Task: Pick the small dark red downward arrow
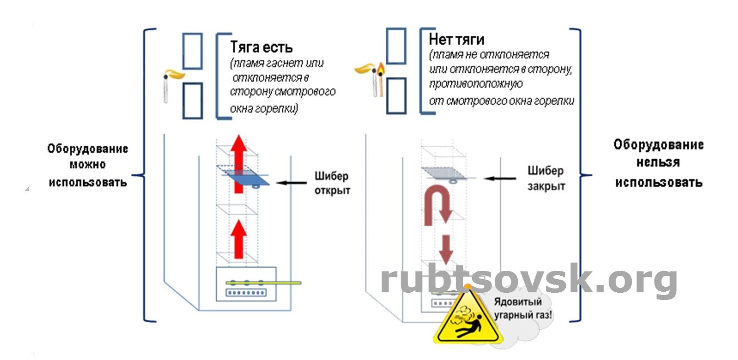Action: coord(446,249)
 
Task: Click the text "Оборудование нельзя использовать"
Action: coord(658,163)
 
